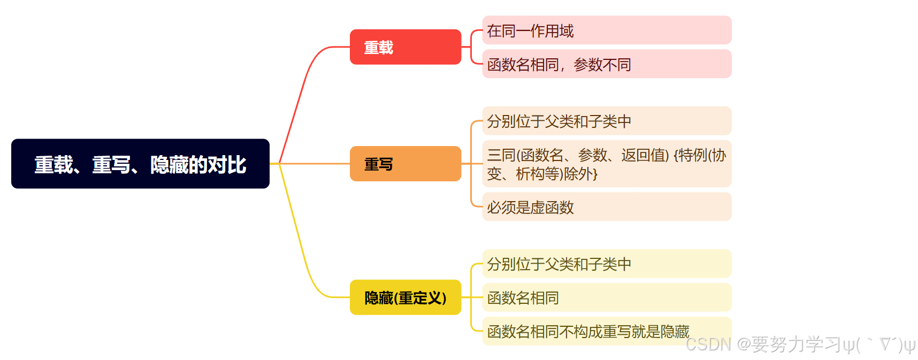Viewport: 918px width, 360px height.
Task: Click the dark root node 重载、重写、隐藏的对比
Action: click(x=140, y=164)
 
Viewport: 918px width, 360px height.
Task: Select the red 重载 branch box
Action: click(x=405, y=47)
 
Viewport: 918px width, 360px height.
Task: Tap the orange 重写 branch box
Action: click(x=405, y=164)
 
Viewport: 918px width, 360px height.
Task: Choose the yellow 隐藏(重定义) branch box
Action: click(x=405, y=297)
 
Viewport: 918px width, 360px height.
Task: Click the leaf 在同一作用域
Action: click(x=606, y=30)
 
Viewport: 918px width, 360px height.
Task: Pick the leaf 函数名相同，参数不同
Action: click(x=606, y=64)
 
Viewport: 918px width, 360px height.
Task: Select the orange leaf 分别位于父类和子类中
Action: click(x=606, y=121)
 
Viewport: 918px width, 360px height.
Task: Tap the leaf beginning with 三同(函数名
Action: click(x=606, y=164)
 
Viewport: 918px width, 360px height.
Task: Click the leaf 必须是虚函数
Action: click(x=606, y=207)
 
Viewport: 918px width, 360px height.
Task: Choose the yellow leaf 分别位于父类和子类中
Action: click(x=606, y=264)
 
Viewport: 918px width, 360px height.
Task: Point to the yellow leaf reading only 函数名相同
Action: click(x=606, y=297)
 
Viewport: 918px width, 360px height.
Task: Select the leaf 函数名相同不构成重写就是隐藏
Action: click(x=588, y=331)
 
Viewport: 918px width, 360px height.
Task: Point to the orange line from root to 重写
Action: click(x=316, y=164)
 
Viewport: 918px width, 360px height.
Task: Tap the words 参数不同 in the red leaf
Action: click(x=602, y=65)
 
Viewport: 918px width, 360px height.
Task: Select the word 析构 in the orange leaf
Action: click(x=530, y=174)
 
